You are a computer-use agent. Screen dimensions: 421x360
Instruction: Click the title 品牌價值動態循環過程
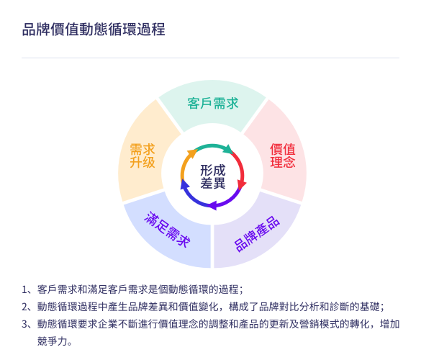click(x=94, y=30)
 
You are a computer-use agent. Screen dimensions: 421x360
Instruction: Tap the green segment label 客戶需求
click(x=213, y=104)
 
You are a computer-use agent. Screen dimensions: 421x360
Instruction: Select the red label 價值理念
click(x=283, y=156)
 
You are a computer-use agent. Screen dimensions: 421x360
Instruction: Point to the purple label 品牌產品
click(x=257, y=234)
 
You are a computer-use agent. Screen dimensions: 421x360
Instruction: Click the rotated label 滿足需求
click(x=167, y=229)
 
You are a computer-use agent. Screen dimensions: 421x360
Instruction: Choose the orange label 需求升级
click(x=142, y=156)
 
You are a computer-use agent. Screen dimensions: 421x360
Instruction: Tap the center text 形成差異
click(x=213, y=177)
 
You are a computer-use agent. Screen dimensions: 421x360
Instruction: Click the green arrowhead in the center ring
click(x=228, y=149)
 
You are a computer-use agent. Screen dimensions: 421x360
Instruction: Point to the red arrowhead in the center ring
click(x=241, y=185)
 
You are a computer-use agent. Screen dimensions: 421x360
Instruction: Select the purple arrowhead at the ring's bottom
click(x=213, y=205)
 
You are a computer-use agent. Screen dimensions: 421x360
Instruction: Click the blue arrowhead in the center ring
click(x=185, y=184)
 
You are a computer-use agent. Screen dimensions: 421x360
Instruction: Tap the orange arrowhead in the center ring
click(x=193, y=153)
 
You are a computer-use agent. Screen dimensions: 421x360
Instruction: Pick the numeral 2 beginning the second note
click(x=25, y=307)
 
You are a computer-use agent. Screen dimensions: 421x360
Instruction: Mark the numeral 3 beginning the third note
click(x=25, y=324)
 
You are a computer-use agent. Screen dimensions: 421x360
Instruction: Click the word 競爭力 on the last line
click(x=53, y=341)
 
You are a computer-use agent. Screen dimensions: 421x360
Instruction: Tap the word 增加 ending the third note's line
click(x=389, y=324)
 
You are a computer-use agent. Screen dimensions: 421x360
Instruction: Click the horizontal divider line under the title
click(x=210, y=58)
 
